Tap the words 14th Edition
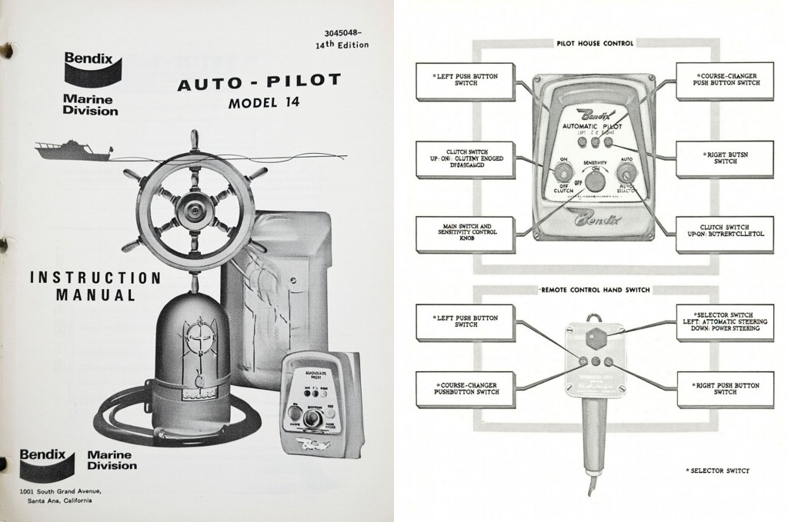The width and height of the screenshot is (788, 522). pyautogui.click(x=342, y=45)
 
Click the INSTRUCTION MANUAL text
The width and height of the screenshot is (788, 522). pyautogui.click(x=95, y=285)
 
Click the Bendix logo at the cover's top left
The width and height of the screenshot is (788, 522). pyautogui.click(x=90, y=68)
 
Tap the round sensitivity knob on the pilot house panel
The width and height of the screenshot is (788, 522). pyautogui.click(x=594, y=181)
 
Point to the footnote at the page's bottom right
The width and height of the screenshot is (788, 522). pyautogui.click(x=716, y=469)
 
